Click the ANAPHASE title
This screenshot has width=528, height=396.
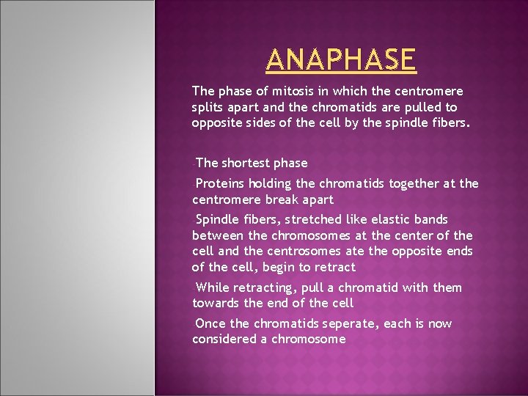click(341, 59)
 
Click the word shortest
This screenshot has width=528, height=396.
click(246, 163)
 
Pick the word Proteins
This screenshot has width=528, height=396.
click(223, 183)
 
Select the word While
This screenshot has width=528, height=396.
click(213, 287)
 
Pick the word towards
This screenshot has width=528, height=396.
click(216, 304)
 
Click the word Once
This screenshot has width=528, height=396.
click(212, 323)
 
